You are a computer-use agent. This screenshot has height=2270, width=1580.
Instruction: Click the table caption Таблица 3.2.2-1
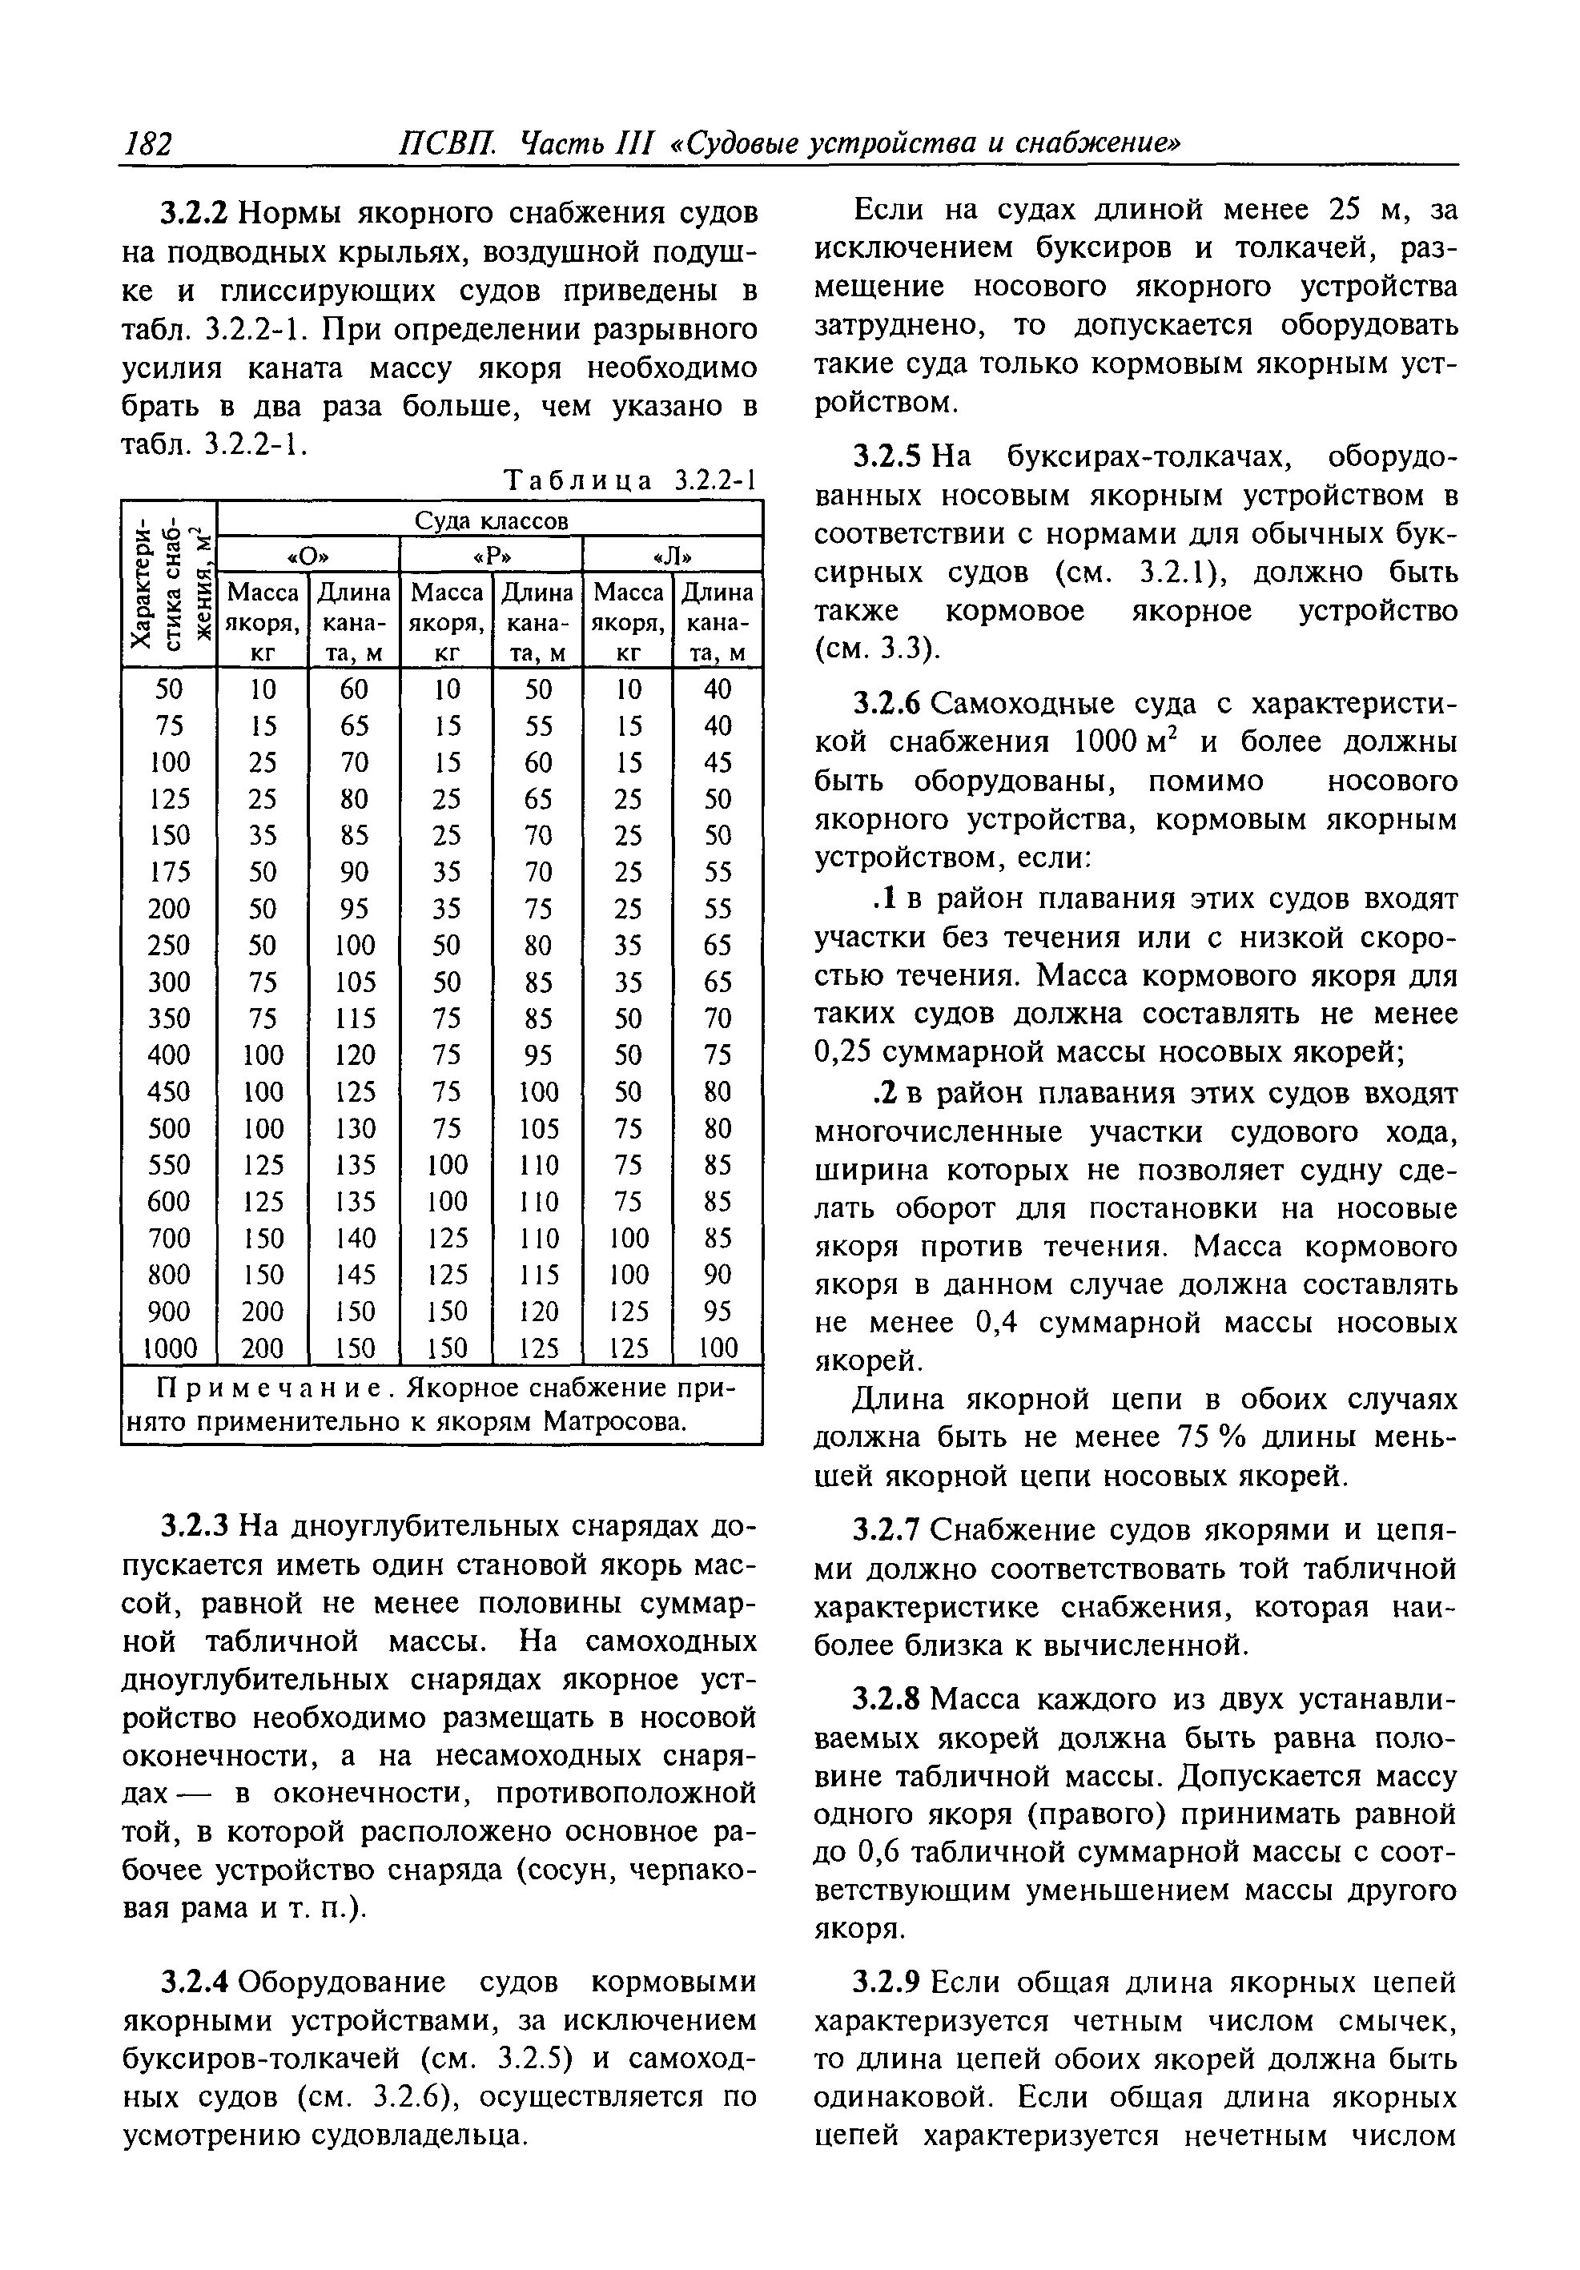[x=629, y=481]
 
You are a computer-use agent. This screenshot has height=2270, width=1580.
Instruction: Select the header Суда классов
[x=490, y=520]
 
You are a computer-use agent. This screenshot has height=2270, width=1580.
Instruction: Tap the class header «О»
[x=307, y=555]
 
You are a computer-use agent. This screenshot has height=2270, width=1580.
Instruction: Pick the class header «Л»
[x=673, y=555]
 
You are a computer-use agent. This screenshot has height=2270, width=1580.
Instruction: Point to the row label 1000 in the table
[x=168, y=1348]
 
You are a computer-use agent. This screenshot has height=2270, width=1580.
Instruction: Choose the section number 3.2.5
[x=888, y=456]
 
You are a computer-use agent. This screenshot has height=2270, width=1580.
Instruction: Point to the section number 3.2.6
[x=888, y=704]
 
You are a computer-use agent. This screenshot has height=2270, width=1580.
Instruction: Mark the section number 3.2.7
[x=888, y=1530]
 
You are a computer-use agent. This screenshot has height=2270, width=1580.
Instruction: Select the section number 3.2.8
[x=888, y=1700]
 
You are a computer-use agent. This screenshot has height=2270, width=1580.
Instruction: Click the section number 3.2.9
[x=888, y=1983]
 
